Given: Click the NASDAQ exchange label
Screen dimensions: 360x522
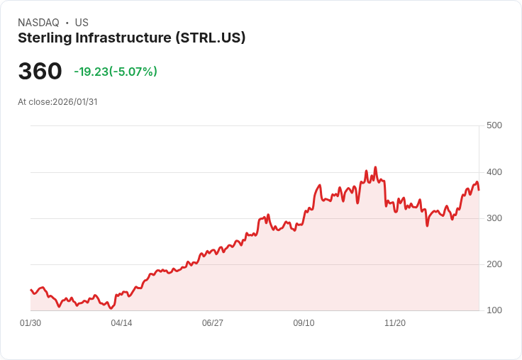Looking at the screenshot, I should [x=38, y=23].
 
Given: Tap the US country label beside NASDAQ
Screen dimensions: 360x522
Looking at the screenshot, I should [x=82, y=23].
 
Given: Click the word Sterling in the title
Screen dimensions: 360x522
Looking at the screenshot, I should [x=43, y=38].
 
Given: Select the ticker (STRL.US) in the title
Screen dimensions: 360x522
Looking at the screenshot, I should [x=210, y=38].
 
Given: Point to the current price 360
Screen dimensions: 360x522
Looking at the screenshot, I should [x=40, y=72].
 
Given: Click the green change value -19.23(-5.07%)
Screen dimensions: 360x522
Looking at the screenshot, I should [x=116, y=72].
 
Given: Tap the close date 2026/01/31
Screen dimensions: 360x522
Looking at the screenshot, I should [x=74, y=102].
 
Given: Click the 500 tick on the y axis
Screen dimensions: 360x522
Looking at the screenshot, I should [x=494, y=125].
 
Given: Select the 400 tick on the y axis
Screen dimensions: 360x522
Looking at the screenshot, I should [x=494, y=172].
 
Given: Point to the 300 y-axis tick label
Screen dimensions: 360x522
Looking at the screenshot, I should [x=494, y=218].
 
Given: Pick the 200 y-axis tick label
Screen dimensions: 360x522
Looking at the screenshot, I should [x=494, y=264].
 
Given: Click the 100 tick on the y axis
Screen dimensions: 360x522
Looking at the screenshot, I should [x=494, y=310].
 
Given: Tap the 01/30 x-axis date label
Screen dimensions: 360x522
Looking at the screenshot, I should [x=30, y=323].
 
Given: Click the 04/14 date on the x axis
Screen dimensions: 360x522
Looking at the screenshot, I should [x=121, y=323].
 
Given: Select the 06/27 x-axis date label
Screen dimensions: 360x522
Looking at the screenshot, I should [x=213, y=323].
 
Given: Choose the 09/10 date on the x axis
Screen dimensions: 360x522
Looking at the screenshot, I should [x=304, y=323].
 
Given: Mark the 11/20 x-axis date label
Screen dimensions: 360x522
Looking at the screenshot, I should [x=395, y=323].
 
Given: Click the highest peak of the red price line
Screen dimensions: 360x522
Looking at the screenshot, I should [x=375, y=167].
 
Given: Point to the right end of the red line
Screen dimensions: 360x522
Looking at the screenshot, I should [x=479, y=189].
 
